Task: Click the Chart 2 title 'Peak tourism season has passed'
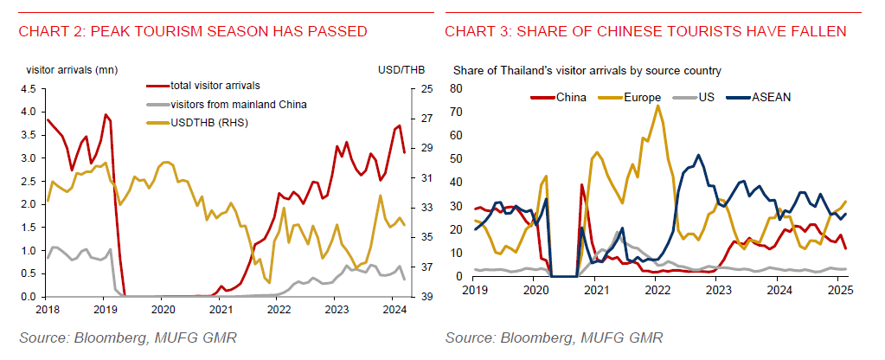click(x=193, y=32)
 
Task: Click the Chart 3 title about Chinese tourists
click(x=645, y=32)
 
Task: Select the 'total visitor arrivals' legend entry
click(x=216, y=86)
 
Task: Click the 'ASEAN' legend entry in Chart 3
click(x=770, y=97)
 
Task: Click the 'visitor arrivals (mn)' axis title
click(x=72, y=69)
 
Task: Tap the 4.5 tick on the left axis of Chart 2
click(x=28, y=88)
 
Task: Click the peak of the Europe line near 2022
click(x=658, y=106)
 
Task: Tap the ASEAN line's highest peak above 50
click(x=698, y=156)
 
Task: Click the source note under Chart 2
click(x=111, y=336)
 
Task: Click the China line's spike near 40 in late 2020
click(x=582, y=184)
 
